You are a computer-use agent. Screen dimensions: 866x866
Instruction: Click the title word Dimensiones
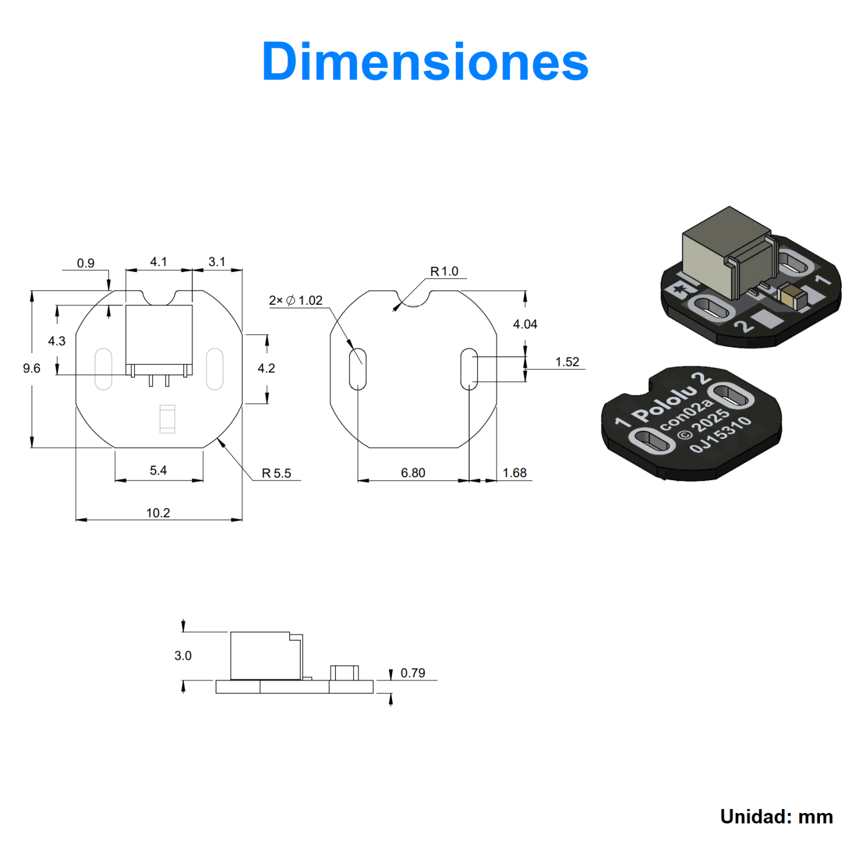(425, 62)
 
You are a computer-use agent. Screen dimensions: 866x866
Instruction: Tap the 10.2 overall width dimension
(158, 513)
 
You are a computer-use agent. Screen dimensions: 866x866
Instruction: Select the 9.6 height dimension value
(32, 368)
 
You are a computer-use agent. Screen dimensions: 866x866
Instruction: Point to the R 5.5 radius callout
(277, 473)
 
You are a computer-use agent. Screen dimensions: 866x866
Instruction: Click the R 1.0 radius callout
(444, 271)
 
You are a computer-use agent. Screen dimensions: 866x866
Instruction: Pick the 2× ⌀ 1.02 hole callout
(296, 300)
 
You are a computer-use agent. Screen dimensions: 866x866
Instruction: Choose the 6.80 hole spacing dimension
(413, 473)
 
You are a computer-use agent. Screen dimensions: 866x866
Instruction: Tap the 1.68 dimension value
(515, 473)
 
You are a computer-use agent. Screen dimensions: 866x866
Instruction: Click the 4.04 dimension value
(525, 324)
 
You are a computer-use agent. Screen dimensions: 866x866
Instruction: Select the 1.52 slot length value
(567, 362)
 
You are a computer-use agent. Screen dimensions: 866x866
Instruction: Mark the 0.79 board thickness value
(413, 673)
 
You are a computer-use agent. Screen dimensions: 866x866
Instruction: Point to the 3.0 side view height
(183, 656)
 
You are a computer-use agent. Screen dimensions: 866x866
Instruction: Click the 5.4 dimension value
(158, 470)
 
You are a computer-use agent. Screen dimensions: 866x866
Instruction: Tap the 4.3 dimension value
(57, 341)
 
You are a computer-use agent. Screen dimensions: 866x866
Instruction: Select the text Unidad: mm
(776, 816)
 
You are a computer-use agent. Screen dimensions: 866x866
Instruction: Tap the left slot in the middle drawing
(358, 369)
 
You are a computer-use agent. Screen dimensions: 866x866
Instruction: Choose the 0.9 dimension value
(86, 263)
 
